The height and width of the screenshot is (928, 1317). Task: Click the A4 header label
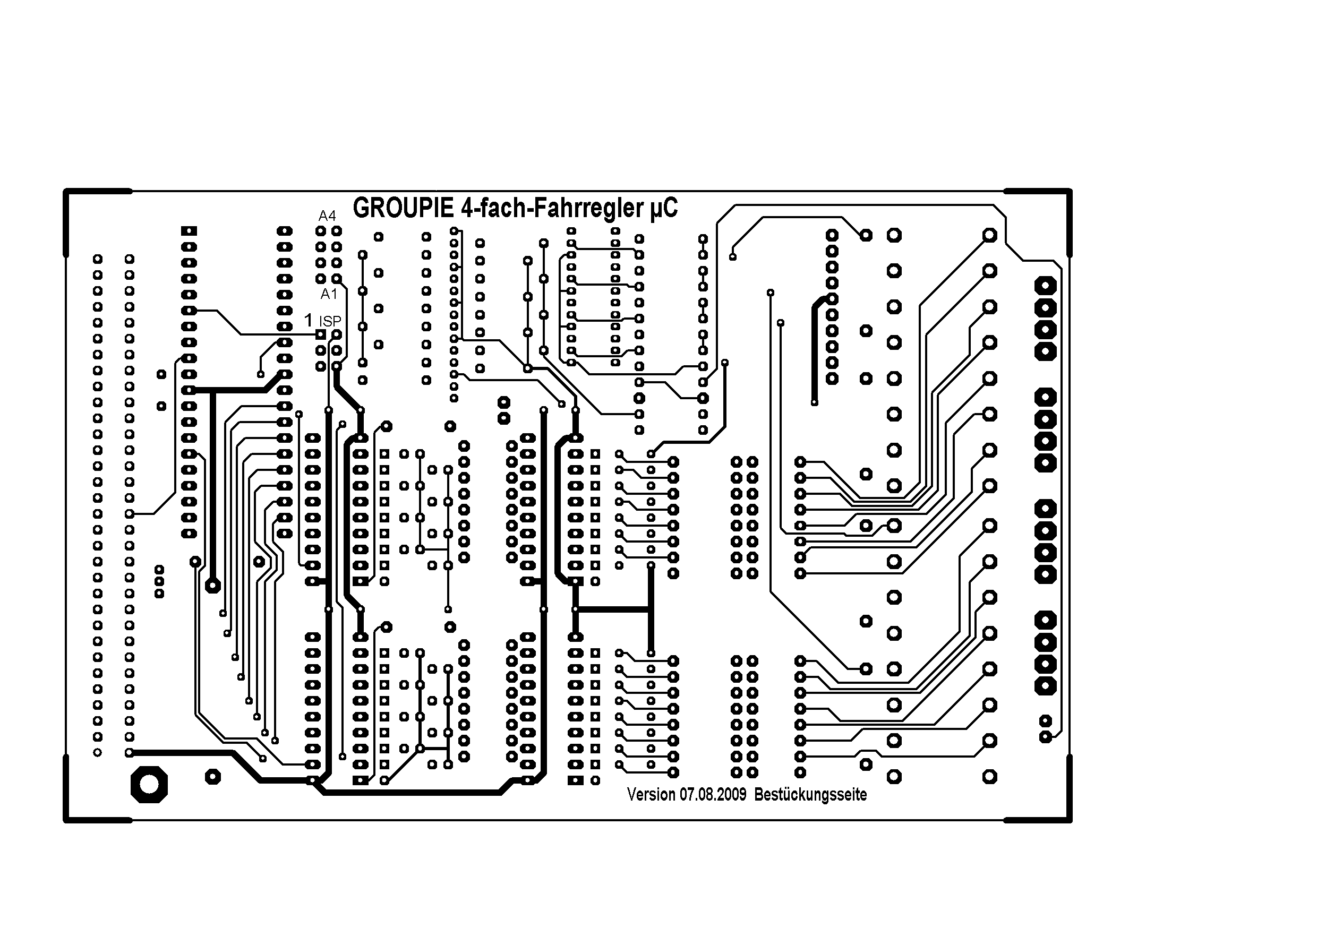pyautogui.click(x=327, y=216)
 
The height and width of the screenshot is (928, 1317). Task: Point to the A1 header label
pyautogui.click(x=329, y=294)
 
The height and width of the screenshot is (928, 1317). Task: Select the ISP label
pyautogui.click(x=330, y=322)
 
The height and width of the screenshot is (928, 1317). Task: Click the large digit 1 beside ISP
pyautogui.click(x=309, y=320)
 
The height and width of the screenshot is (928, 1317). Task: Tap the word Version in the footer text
pyautogui.click(x=651, y=794)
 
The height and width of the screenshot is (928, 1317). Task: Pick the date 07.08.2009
pyautogui.click(x=713, y=794)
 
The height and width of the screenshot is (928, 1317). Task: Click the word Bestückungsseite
pyautogui.click(x=810, y=794)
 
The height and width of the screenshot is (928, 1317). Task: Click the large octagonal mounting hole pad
pyautogui.click(x=149, y=784)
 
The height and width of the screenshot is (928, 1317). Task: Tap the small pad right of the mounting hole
pyautogui.click(x=213, y=777)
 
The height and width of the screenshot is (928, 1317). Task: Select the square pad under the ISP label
pyautogui.click(x=321, y=334)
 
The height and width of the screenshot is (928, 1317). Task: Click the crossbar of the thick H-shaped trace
pyautogui.click(x=613, y=609)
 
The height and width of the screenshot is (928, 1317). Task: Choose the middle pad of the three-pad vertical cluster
pyautogui.click(x=159, y=581)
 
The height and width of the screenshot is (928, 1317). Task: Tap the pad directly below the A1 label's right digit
pyautogui.click(x=337, y=334)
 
